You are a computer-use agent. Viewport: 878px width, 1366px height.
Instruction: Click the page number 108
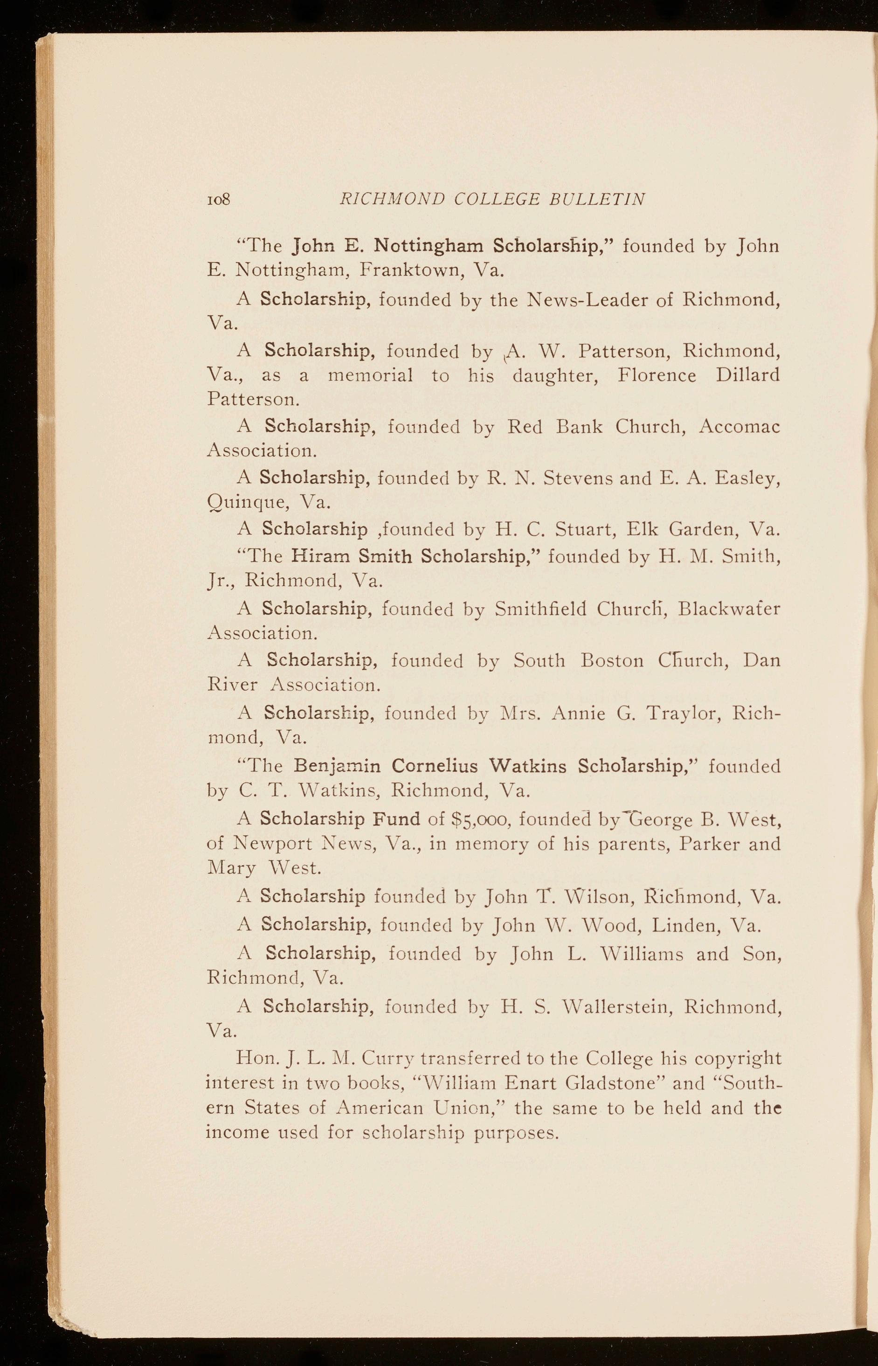point(218,199)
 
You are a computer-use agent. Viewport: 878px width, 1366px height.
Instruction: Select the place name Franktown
point(410,270)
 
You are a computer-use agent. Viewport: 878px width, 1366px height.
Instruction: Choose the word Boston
point(612,660)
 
